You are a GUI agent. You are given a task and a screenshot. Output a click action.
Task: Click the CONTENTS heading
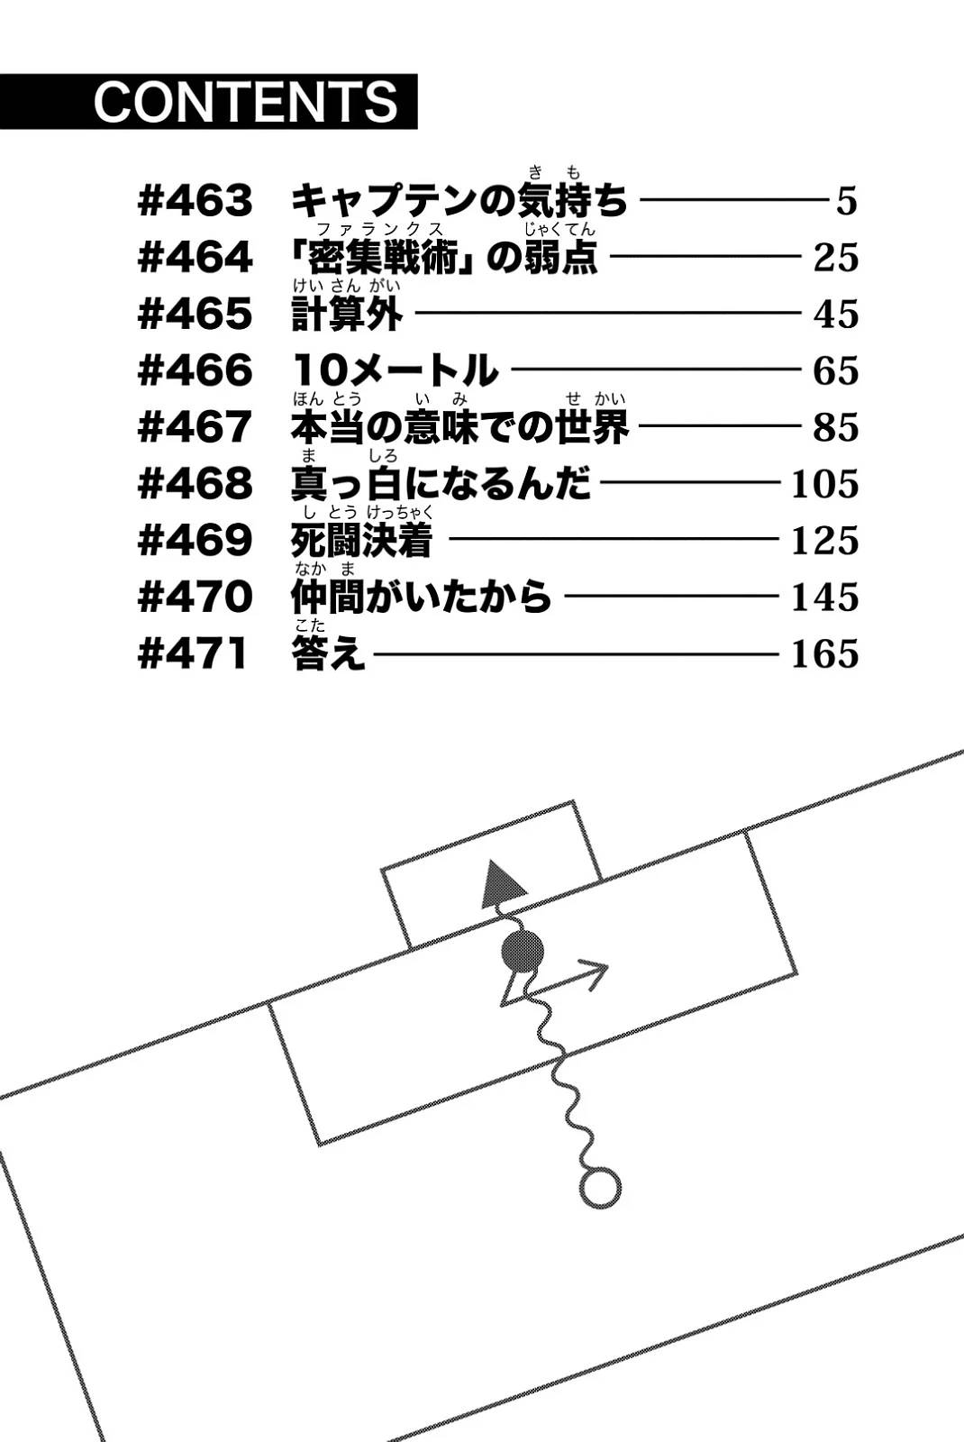247,102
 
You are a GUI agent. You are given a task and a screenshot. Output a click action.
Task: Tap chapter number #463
195,201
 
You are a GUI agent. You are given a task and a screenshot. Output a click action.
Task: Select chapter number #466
195,370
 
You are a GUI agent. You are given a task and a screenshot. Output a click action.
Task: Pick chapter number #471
193,654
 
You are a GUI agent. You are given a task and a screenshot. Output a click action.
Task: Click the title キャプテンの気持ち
459,200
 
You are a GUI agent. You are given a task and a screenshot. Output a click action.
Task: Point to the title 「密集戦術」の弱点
444,257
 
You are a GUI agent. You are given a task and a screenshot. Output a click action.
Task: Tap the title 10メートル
396,370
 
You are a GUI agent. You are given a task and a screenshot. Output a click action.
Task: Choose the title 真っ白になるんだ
441,483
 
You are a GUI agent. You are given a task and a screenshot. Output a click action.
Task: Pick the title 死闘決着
361,540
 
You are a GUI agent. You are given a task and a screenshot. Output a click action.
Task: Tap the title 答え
329,653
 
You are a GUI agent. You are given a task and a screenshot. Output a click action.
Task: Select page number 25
836,258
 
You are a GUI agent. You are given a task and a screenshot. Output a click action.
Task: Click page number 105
825,484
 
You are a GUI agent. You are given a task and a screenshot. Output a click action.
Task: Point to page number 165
825,654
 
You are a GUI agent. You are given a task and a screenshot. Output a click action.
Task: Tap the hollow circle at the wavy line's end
600,1188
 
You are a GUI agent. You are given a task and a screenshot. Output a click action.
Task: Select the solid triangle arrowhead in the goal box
503,882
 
